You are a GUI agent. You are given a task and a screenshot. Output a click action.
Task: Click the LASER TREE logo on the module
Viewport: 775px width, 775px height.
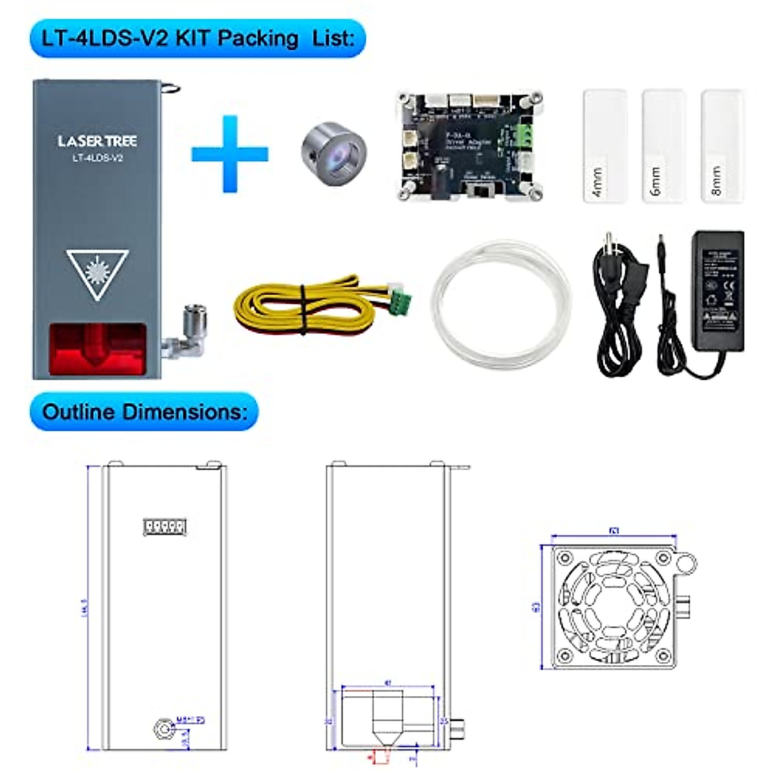[x=97, y=141]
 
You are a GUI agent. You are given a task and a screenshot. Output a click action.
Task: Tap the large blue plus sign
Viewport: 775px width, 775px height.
[x=230, y=154]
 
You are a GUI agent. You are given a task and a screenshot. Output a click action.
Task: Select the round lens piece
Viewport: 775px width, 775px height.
[x=333, y=153]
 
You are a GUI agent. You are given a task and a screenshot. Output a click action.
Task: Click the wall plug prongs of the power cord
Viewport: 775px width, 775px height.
[x=608, y=245]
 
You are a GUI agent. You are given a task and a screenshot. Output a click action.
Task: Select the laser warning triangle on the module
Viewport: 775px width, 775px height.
[x=98, y=274]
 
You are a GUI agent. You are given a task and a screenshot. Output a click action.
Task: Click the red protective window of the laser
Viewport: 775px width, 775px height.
[x=98, y=349]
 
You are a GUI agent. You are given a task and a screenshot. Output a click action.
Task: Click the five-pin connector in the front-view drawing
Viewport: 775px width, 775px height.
[x=164, y=526]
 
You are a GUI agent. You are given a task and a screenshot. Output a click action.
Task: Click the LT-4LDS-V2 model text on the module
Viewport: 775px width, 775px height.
[x=97, y=158]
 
